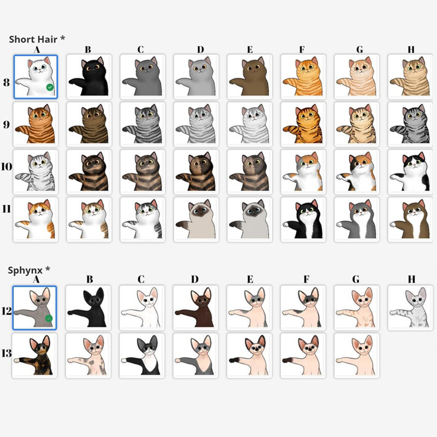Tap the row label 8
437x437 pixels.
point(6,82)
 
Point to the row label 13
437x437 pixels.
point(6,353)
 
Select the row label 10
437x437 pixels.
point(6,167)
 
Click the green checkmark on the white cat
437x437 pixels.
point(50,87)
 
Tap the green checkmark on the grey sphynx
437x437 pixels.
point(49,319)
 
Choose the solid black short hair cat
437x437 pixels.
point(89,77)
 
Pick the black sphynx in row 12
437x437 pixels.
point(88,308)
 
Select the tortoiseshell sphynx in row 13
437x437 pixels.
point(34,355)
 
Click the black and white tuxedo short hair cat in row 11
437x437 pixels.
point(303,219)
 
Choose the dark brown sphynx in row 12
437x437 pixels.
point(196,308)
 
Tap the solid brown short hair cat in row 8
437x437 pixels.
point(250,77)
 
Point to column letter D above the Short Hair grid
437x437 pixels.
point(200,49)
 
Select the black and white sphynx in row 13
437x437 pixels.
point(142,355)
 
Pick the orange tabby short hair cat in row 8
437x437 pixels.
point(303,77)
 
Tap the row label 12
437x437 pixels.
point(6,311)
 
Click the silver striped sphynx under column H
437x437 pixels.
point(410,308)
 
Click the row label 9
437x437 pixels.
point(6,125)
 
